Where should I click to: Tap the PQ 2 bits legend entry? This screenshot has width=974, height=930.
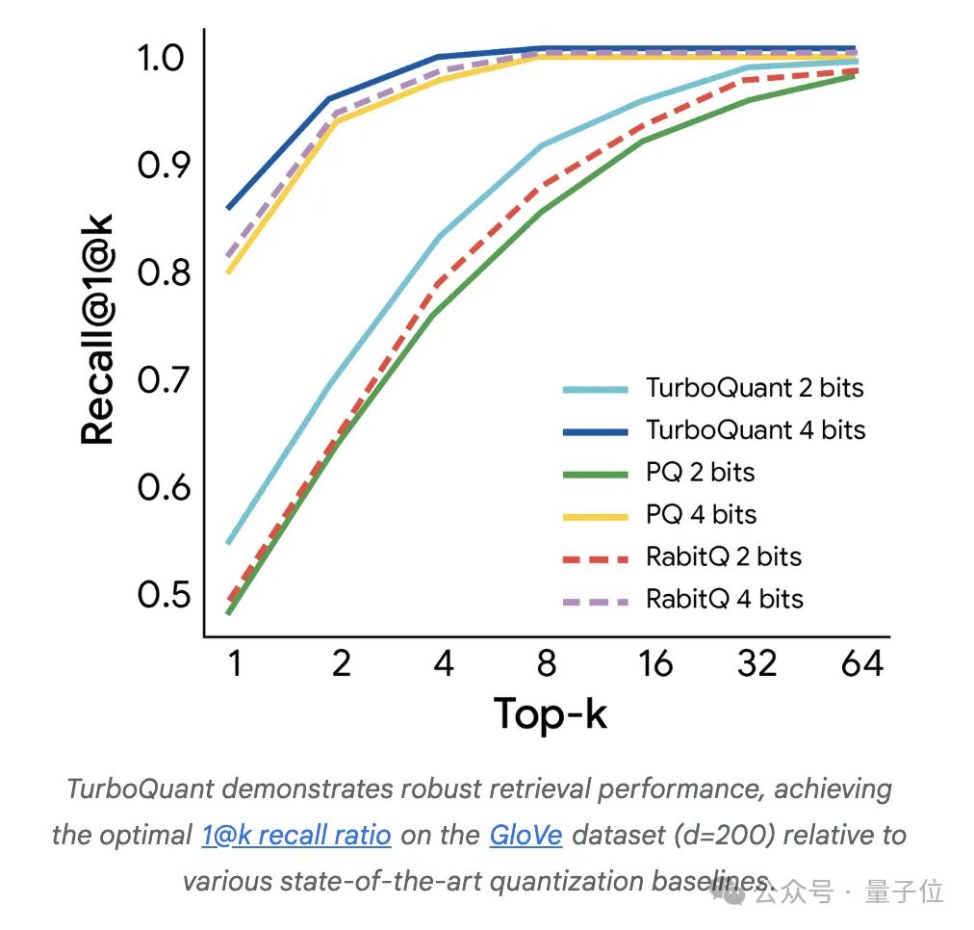point(700,473)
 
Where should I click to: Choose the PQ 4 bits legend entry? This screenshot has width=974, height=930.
point(701,515)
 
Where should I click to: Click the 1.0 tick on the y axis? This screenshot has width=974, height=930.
point(160,58)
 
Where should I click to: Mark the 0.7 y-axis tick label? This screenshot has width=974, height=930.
point(160,380)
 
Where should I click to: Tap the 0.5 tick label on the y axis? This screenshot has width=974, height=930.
point(160,595)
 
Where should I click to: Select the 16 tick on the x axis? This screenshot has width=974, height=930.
point(654,664)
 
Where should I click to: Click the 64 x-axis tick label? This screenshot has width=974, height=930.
point(861,664)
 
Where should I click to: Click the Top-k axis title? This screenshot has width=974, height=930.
point(551,714)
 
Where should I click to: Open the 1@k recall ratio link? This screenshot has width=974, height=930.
point(296,834)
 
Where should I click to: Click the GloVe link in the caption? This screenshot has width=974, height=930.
point(525,834)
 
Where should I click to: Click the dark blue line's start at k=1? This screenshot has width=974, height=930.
point(228,208)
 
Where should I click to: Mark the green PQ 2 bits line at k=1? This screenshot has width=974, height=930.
point(228,612)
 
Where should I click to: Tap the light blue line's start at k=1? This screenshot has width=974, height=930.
point(228,543)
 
